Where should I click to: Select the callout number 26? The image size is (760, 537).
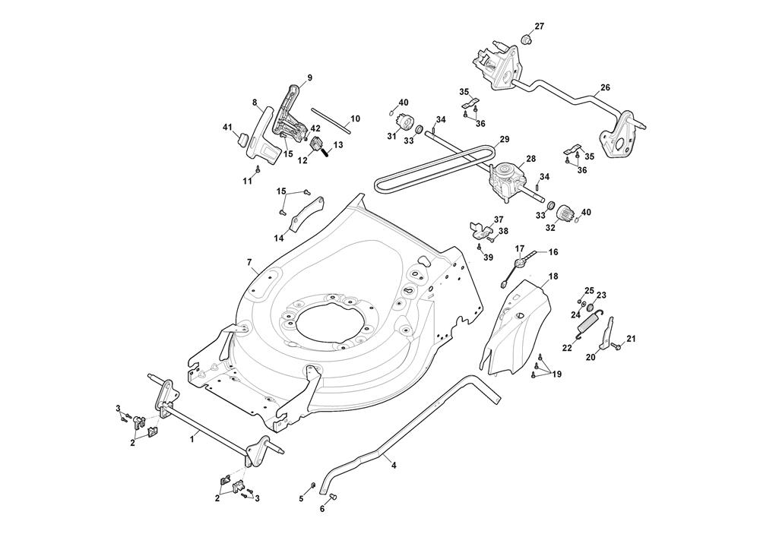click(x=605, y=87)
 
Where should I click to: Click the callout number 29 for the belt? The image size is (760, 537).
click(x=504, y=139)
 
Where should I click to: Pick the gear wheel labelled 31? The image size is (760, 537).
click(x=404, y=122)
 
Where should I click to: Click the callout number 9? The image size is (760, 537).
click(x=310, y=77)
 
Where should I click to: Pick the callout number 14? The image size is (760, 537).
click(x=280, y=237)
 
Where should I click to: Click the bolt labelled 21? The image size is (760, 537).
click(x=616, y=347)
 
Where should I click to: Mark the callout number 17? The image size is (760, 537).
click(x=520, y=248)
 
